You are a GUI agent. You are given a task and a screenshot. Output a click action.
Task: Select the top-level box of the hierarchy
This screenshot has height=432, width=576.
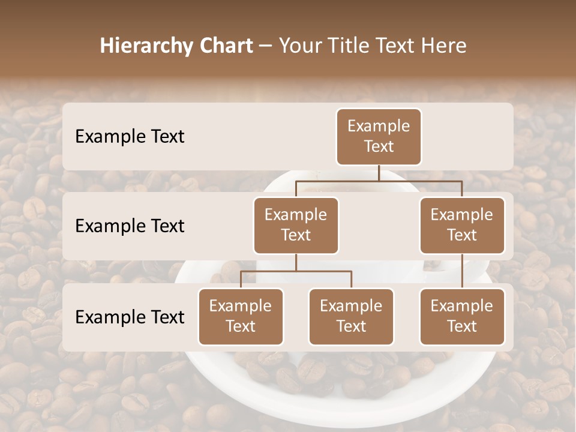pos(379,136)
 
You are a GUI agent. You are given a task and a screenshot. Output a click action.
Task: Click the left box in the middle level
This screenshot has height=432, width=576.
pos(296,225)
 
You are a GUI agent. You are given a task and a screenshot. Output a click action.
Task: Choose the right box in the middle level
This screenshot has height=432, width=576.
pos(462,225)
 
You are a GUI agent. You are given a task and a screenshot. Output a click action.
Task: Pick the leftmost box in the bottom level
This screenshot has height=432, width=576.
pos(241,316)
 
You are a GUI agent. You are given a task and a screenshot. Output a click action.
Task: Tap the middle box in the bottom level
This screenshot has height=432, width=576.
pos(351,316)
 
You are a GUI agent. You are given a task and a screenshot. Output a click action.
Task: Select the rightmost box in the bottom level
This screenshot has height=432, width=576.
pos(462,316)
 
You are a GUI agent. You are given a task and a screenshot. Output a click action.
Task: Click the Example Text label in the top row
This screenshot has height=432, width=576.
pos(130,137)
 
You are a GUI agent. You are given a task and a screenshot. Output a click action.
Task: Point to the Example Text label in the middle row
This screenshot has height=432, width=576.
pos(130,226)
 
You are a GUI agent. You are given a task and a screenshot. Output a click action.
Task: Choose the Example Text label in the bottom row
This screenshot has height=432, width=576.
pos(130,317)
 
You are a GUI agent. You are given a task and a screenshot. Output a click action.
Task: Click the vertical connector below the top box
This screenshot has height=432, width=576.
pos(379,173)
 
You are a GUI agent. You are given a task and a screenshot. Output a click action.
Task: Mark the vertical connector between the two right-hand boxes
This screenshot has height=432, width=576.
pos(462,271)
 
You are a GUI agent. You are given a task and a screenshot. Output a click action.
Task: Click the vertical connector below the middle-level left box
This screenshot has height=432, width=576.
pos(296,262)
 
